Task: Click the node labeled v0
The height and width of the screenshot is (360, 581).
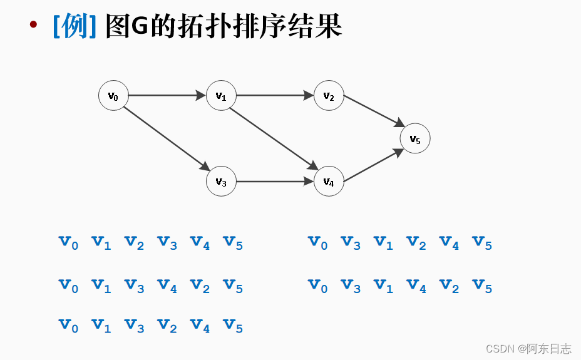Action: (x=113, y=96)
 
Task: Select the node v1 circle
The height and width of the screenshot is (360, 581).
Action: (x=221, y=96)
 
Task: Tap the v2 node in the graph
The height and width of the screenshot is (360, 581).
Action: (x=329, y=96)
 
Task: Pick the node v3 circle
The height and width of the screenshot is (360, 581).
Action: (x=221, y=182)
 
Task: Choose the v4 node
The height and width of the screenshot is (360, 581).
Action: (x=329, y=182)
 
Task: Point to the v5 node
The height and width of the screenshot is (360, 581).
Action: (x=415, y=139)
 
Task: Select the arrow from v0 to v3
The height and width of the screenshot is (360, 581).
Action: (x=166, y=138)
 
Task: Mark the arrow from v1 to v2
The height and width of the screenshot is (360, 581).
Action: (x=275, y=96)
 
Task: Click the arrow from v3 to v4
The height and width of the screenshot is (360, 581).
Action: (x=275, y=182)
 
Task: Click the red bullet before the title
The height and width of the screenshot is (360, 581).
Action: (x=33, y=26)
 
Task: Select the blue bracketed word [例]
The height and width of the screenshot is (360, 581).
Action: (x=75, y=26)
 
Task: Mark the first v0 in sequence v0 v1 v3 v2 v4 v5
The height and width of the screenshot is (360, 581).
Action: (x=69, y=326)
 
